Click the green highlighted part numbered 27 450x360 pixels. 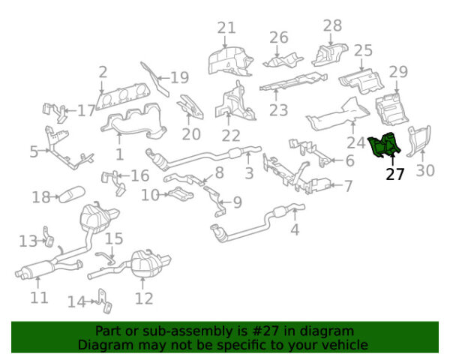coord(386,145)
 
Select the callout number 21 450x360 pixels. coord(226,28)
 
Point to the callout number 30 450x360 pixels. coord(425,171)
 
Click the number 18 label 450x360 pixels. coord(40,198)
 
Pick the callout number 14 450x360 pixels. coord(76,302)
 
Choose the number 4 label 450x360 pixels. coord(295,230)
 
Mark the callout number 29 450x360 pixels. coord(398,72)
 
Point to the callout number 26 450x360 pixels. coord(279,37)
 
